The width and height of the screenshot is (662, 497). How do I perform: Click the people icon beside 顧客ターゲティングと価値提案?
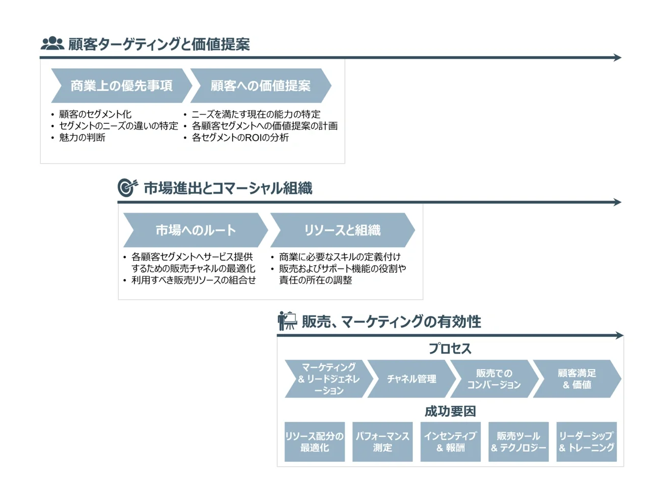[52, 44]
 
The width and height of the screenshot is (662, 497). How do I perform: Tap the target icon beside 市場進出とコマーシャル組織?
[127, 188]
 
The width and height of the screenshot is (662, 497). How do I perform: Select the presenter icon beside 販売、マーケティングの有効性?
[287, 321]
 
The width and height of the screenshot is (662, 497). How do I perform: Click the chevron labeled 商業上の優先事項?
[121, 86]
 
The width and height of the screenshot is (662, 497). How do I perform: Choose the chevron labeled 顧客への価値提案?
[261, 86]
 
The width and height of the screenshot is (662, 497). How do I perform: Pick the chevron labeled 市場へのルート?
[196, 230]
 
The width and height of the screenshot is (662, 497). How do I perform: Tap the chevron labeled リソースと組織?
[342, 230]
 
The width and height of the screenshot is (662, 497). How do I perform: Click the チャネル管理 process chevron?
[411, 379]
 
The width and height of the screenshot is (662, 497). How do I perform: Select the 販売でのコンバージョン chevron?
[493, 379]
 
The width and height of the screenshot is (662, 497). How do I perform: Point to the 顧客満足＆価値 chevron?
[576, 379]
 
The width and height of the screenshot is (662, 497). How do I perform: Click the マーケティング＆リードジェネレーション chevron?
[328, 379]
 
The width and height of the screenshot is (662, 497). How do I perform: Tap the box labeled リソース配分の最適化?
[314, 441]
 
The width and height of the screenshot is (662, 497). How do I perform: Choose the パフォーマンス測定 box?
[382, 441]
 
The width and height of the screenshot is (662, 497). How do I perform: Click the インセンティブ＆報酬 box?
[450, 441]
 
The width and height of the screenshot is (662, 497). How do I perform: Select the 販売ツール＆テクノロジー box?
[518, 441]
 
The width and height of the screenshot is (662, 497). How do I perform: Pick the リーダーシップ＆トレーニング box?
[586, 441]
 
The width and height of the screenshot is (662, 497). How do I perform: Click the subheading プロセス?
[450, 349]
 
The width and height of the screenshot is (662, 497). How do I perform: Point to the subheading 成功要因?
[450, 411]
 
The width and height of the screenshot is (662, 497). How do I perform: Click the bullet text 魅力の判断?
[82, 138]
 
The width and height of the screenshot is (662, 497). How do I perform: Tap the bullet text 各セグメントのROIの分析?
[240, 138]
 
